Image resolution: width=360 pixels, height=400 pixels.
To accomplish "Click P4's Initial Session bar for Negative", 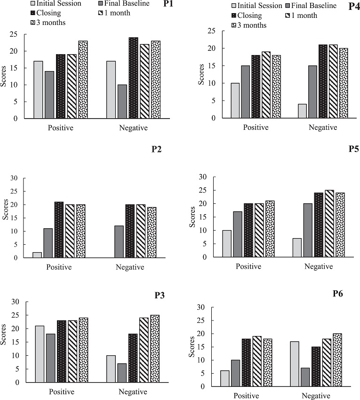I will click(x=302, y=111).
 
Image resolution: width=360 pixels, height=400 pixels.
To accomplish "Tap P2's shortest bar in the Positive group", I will click(x=37, y=255).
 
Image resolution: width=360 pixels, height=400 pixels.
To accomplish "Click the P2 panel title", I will click(x=157, y=150).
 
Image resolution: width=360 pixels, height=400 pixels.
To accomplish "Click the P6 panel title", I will click(x=337, y=294).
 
